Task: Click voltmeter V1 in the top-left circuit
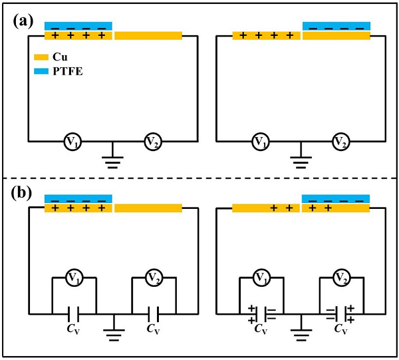[x=72, y=141]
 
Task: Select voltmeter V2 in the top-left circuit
[x=154, y=141]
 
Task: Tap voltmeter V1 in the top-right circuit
[x=261, y=141]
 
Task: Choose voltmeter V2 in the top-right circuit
[x=341, y=141]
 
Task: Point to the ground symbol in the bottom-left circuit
[x=113, y=331]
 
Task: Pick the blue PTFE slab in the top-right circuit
[x=336, y=26]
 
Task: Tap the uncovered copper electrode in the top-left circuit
[x=148, y=35]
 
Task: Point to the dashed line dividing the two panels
[x=199, y=178]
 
